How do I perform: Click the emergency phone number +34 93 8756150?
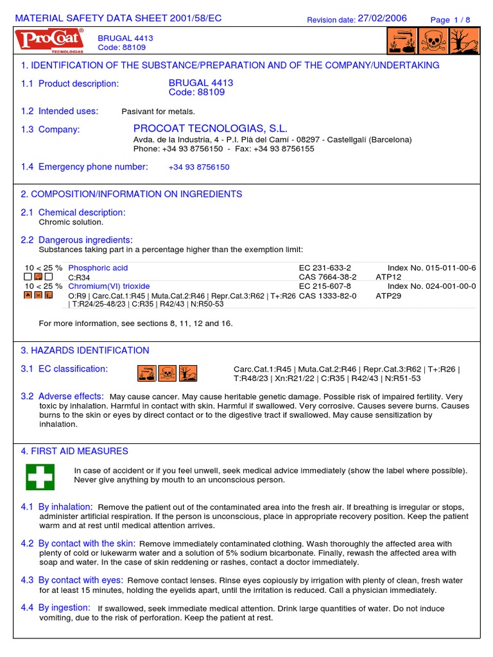click(x=199, y=167)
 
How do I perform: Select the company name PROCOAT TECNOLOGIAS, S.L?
click(x=211, y=129)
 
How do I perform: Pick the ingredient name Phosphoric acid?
click(x=98, y=268)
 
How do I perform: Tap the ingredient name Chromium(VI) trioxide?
click(x=108, y=286)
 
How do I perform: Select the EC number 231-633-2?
click(x=325, y=268)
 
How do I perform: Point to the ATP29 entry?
click(x=388, y=296)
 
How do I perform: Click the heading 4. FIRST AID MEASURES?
click(x=74, y=452)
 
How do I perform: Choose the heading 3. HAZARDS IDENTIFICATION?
click(x=85, y=350)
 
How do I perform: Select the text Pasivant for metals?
click(x=158, y=112)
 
